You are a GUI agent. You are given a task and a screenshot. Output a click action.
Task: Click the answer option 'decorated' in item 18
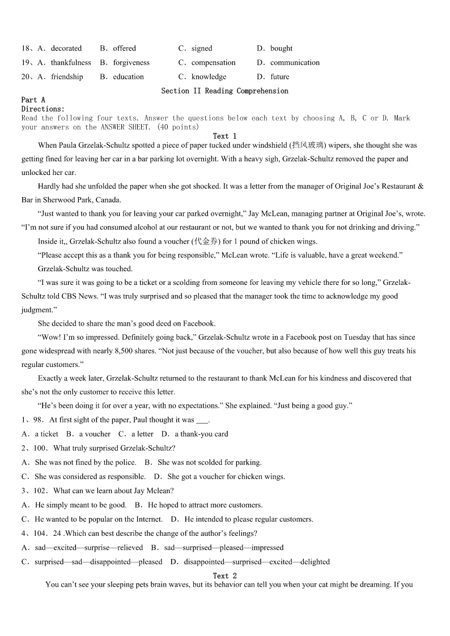pyautogui.click(x=66, y=49)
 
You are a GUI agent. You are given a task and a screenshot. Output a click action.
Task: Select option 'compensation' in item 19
pyautogui.click(x=213, y=63)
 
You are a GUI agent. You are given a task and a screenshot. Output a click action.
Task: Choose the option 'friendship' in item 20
pyautogui.click(x=67, y=77)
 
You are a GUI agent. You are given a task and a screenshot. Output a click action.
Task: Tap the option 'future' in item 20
pyautogui.click(x=279, y=77)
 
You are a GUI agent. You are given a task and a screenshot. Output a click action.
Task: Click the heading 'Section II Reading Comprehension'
pyautogui.click(x=224, y=91)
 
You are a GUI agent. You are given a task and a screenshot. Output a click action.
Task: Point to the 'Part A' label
pyautogui.click(x=33, y=100)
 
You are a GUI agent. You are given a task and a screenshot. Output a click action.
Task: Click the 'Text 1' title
pyautogui.click(x=224, y=136)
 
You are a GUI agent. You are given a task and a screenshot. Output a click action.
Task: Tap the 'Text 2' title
pyautogui.click(x=224, y=576)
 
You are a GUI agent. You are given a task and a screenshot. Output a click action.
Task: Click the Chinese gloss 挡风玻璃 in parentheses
pyautogui.click(x=308, y=146)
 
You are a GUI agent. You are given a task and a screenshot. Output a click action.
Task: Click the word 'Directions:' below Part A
pyautogui.click(x=43, y=109)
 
